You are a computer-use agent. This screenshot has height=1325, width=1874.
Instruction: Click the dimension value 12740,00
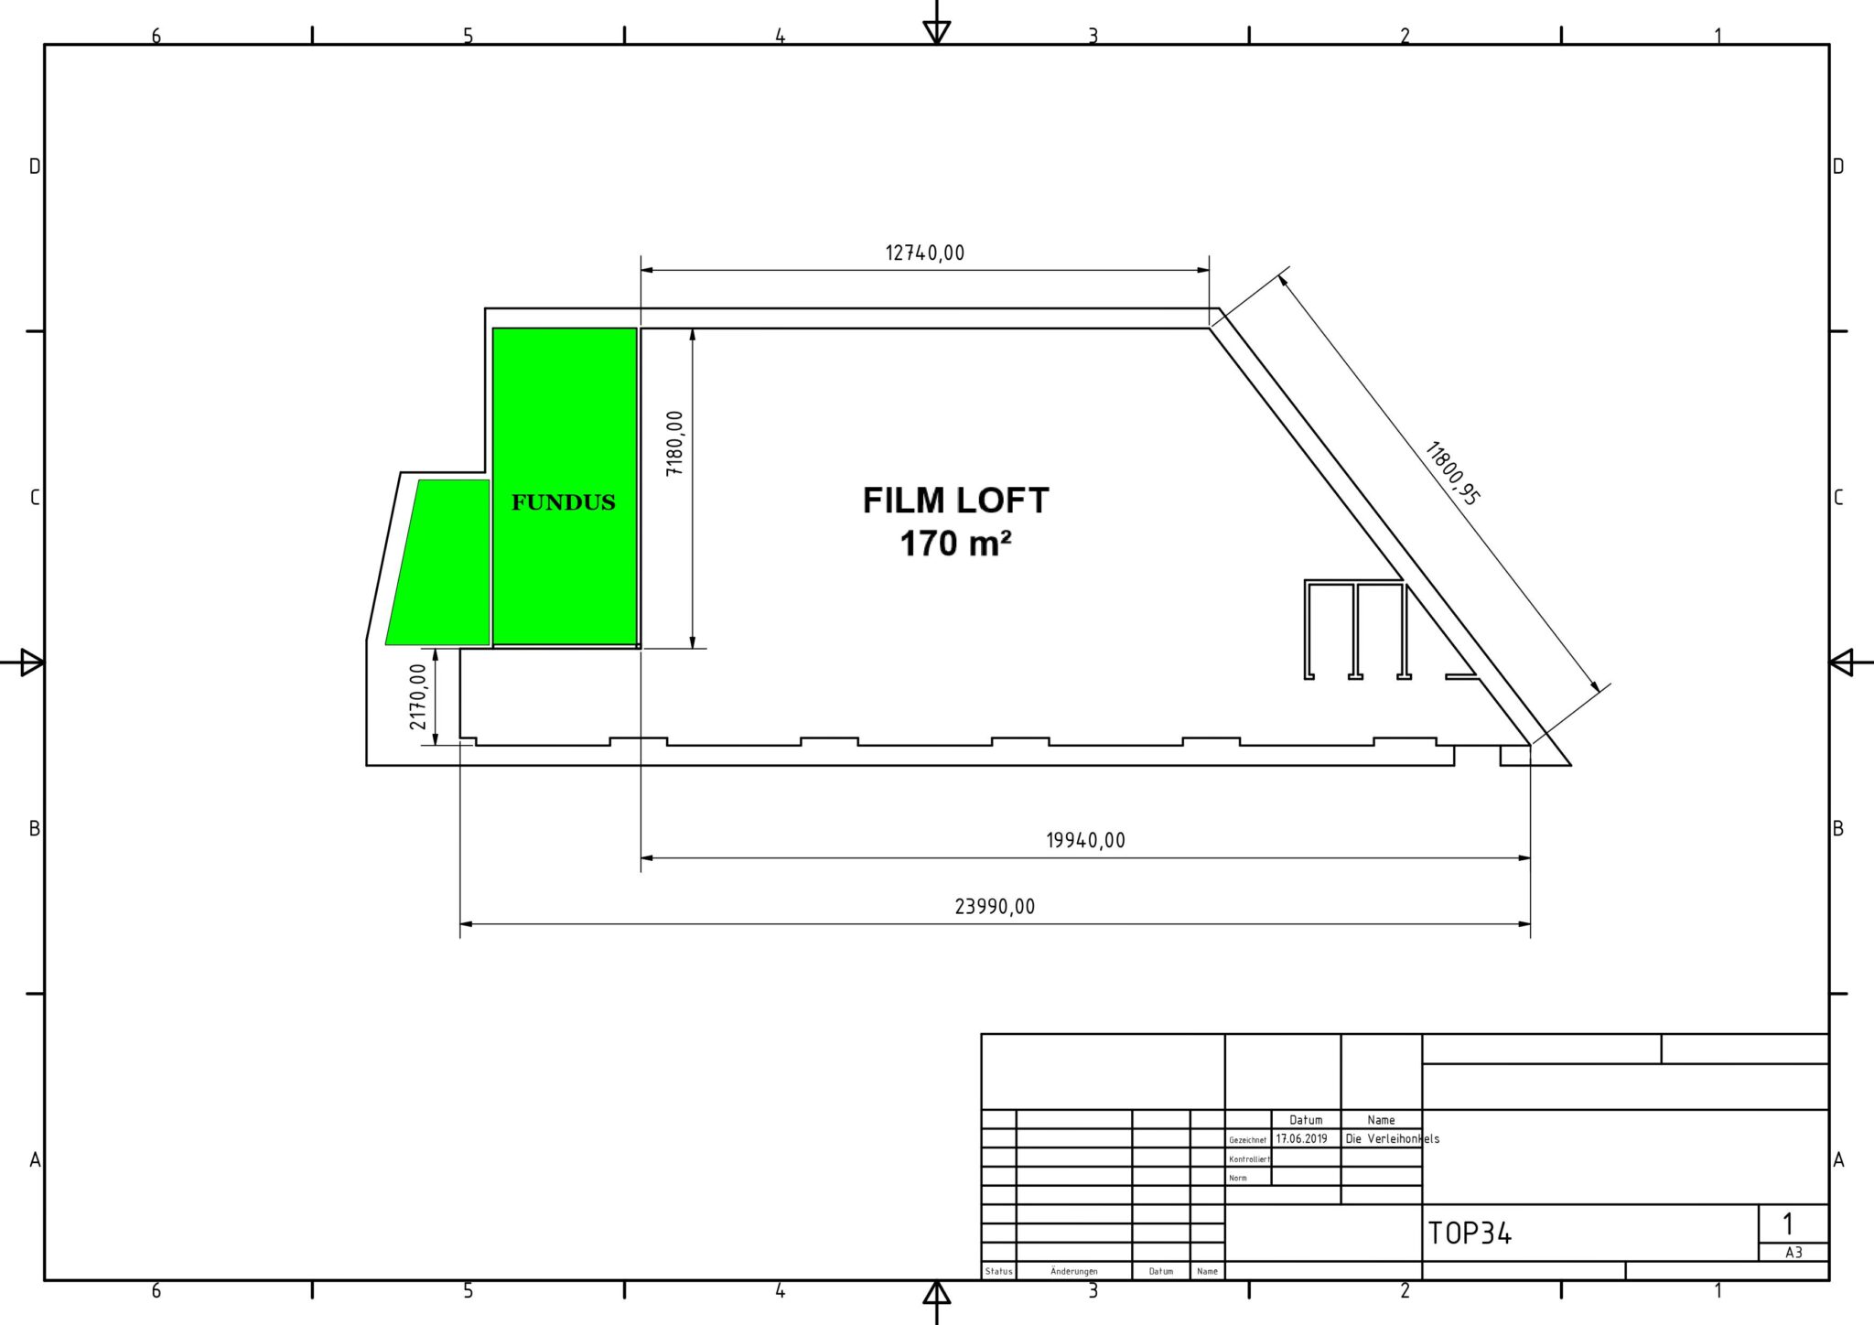click(x=924, y=253)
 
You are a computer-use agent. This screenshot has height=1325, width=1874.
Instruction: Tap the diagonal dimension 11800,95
click(x=1453, y=473)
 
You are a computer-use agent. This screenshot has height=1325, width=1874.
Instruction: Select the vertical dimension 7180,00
click(x=675, y=443)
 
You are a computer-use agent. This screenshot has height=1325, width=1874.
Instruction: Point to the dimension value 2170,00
click(x=418, y=696)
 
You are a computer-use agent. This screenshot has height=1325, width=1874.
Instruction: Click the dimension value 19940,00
click(x=1085, y=841)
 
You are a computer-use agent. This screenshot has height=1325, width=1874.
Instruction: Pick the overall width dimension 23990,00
click(x=995, y=907)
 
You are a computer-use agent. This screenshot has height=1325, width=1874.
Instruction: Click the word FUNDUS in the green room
click(x=564, y=502)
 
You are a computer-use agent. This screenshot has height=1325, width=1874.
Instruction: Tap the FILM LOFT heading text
click(x=955, y=501)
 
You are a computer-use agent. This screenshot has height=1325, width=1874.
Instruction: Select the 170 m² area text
click(x=955, y=544)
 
